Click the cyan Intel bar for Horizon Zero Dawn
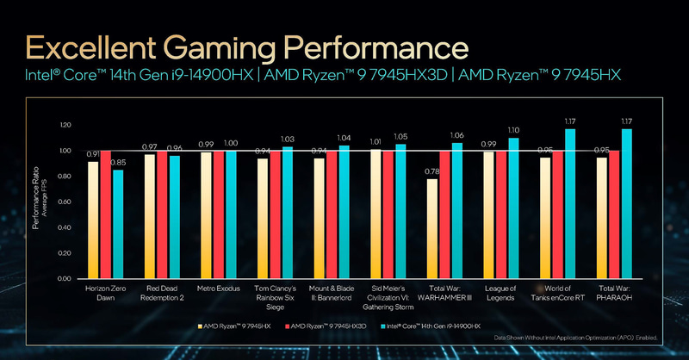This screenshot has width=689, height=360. pos(118,224)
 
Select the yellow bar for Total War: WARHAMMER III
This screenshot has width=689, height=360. pos(432,228)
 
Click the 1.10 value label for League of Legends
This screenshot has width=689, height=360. pos(514,129)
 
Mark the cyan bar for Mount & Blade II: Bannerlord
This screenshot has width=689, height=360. pos(344,212)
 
